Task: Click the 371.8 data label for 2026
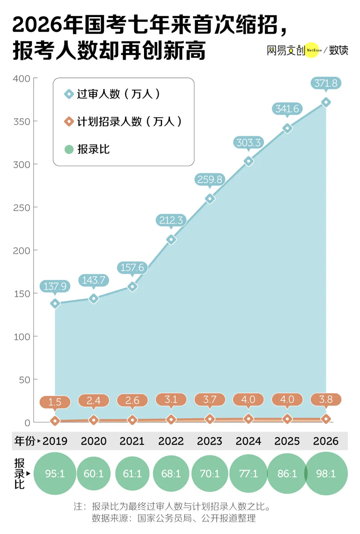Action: [x=326, y=83]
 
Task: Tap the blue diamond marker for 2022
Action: [x=171, y=239]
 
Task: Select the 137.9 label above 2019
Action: [x=55, y=286]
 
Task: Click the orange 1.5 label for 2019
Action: [x=55, y=402]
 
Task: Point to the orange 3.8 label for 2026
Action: [x=326, y=399]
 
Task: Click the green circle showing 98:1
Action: [x=326, y=474]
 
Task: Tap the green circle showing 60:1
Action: [x=94, y=474]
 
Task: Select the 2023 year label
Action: [x=210, y=441]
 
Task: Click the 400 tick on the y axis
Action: [x=22, y=78]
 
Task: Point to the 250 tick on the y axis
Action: [x=22, y=208]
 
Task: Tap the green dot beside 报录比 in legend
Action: [x=69, y=149]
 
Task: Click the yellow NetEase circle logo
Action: [x=313, y=50]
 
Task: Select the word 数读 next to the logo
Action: [x=338, y=50]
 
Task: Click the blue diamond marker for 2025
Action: [x=287, y=128]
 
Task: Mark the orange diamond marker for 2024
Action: [x=248, y=419]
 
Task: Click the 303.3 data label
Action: [x=248, y=143]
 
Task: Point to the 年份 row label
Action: [x=25, y=441]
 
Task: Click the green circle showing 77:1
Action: [x=248, y=474]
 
